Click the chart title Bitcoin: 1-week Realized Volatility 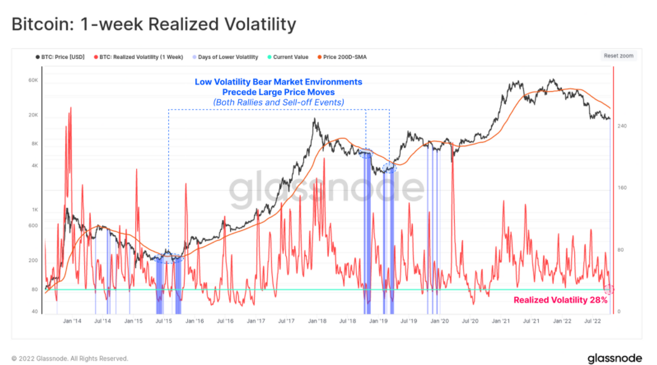click(154, 24)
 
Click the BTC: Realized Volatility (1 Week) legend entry click(141, 57)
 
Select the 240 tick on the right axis click(622, 126)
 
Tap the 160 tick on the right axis click(622, 188)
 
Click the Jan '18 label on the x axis click(317, 320)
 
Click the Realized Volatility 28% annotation click(560, 300)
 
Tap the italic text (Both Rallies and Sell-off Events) click(278, 102)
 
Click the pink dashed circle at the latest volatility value click(609, 289)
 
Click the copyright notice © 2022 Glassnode click(70, 358)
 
